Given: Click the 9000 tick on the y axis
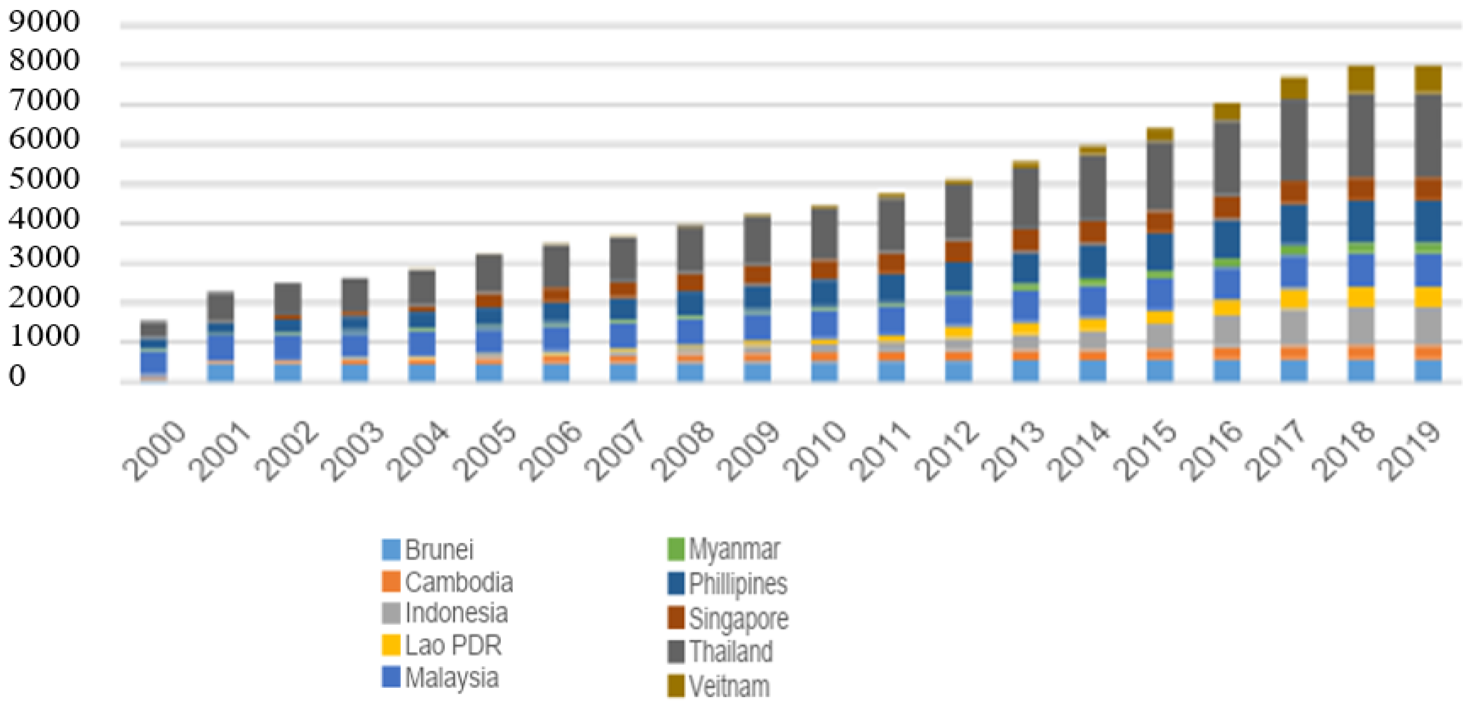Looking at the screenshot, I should click(44, 23).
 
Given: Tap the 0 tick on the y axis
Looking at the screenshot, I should click(17, 376).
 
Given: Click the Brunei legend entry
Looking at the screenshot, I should click(439, 550).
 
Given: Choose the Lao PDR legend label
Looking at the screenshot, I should click(453, 646).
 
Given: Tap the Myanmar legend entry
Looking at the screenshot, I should click(734, 549).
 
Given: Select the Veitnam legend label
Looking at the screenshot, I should click(729, 686).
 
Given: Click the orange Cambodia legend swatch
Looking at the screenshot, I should click(391, 582).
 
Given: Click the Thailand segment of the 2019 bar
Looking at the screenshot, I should click(1428, 136).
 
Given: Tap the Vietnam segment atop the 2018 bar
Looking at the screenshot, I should click(1361, 78).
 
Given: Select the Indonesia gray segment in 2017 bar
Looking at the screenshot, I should click(1294, 327).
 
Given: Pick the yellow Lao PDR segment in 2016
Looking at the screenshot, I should click(1227, 307).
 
